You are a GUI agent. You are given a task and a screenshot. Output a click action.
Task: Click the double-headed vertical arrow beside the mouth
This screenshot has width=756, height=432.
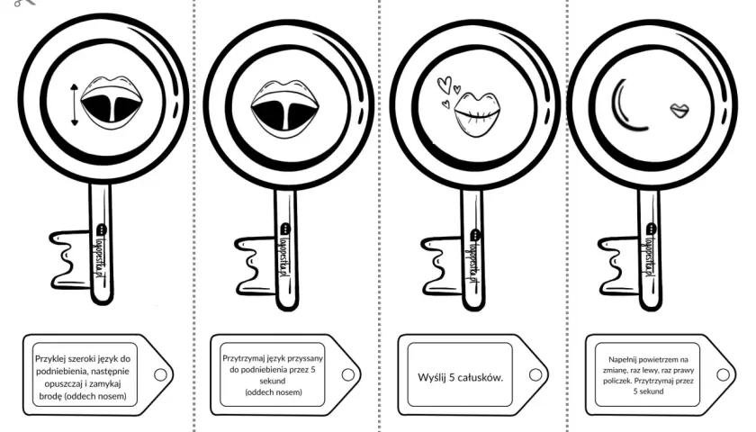pyautogui.click(x=74, y=105)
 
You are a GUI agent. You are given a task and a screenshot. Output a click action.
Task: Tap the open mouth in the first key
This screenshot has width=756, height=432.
pyautogui.click(x=112, y=103)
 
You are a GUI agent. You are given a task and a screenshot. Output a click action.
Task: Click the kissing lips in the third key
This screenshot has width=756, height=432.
pyautogui.click(x=477, y=114)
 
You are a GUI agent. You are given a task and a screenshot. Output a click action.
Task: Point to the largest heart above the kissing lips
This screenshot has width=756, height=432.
pyautogui.click(x=444, y=85)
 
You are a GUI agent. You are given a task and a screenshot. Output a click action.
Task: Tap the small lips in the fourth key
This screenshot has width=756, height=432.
pyautogui.click(x=679, y=111)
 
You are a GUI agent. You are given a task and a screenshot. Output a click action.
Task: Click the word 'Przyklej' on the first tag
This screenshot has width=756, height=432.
pyautogui.click(x=49, y=359)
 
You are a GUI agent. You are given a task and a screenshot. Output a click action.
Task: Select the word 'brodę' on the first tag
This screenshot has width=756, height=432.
pyautogui.click(x=50, y=396)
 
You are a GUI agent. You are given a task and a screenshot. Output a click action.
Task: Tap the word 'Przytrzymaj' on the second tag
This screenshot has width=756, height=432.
pyautogui.click(x=240, y=359)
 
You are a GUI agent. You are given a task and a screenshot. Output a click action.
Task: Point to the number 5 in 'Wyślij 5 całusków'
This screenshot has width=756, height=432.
pyautogui.click(x=451, y=377)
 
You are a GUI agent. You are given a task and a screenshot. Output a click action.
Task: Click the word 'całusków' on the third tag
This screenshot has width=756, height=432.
pyautogui.click(x=481, y=377)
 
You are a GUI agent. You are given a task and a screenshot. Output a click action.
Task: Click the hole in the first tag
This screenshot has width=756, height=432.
pyautogui.click(x=160, y=374)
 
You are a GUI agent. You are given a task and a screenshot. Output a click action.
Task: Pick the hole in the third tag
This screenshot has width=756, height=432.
pyautogui.click(x=535, y=374)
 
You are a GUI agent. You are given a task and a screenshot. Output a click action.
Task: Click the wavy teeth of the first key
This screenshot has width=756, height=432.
pyautogui.click(x=71, y=260)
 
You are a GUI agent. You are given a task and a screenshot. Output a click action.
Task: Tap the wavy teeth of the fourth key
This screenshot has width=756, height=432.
pyautogui.click(x=619, y=265)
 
